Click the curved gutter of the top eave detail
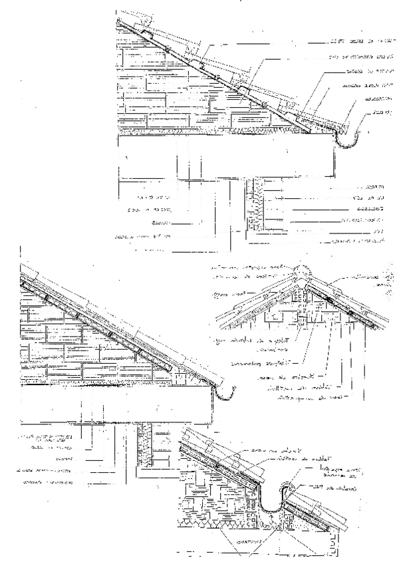346,139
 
